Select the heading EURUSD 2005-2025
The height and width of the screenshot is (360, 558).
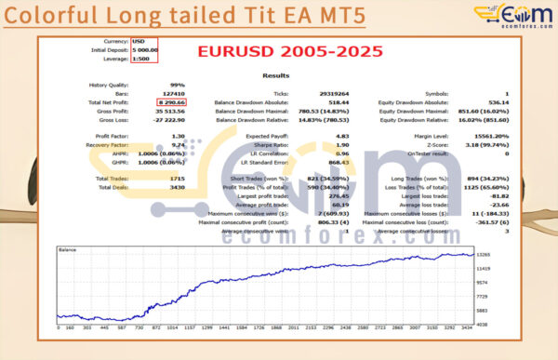[290, 51]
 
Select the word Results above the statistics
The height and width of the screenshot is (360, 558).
[275, 75]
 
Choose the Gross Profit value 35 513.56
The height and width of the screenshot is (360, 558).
[143, 110]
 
